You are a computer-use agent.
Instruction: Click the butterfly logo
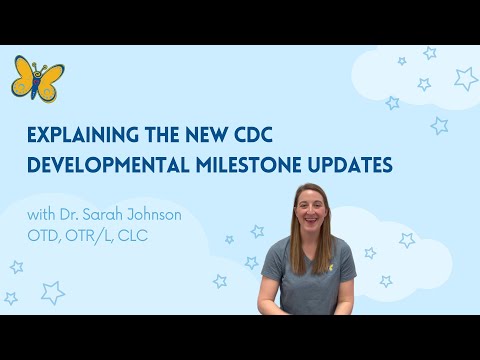point(37,79)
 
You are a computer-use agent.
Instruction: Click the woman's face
point(307,212)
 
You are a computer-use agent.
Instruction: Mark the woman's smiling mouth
point(307,224)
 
